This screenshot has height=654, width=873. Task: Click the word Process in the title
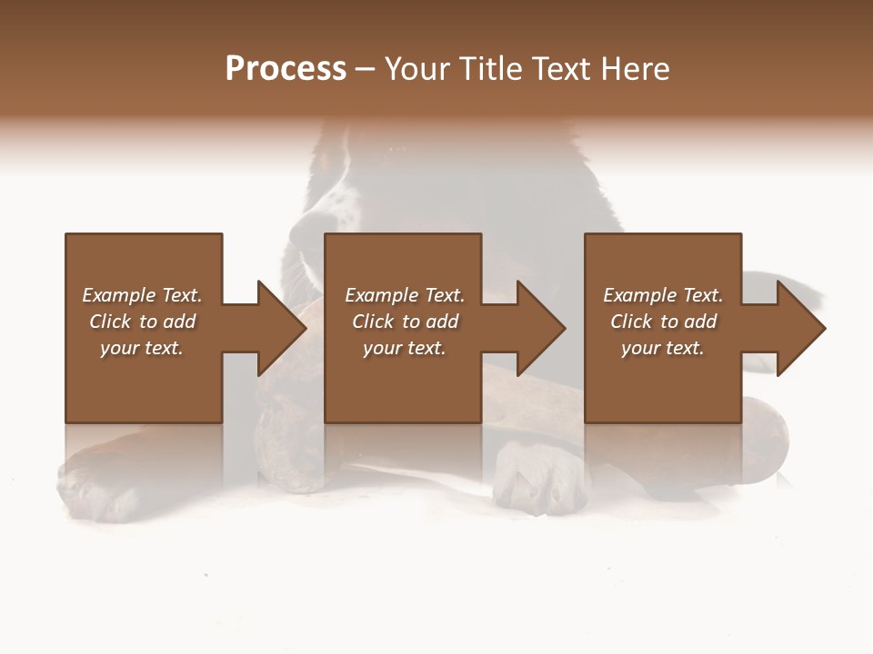point(286,69)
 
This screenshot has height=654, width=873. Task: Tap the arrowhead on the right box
point(799,328)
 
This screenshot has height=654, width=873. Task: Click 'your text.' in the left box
point(142,348)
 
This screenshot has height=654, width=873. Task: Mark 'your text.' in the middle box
point(405,348)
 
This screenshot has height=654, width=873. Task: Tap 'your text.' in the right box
point(663,348)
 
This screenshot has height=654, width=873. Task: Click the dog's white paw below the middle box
point(537,477)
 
